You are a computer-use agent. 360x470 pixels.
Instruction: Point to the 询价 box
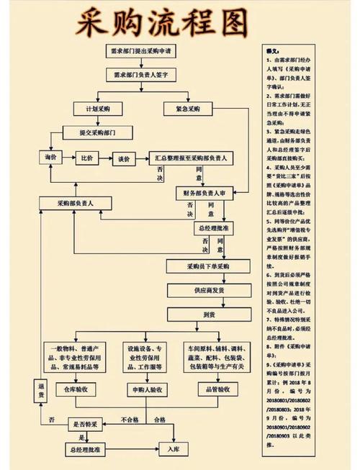(50, 158)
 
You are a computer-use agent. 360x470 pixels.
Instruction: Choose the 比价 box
(88, 158)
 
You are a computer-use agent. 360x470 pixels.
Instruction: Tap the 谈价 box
(123, 158)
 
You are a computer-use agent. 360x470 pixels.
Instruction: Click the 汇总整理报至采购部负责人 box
(192, 158)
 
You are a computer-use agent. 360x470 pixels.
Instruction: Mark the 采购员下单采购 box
(208, 266)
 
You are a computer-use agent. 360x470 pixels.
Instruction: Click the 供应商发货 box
(208, 290)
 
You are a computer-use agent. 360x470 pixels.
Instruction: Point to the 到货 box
(208, 315)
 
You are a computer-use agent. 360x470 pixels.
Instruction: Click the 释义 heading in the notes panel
(272, 53)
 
